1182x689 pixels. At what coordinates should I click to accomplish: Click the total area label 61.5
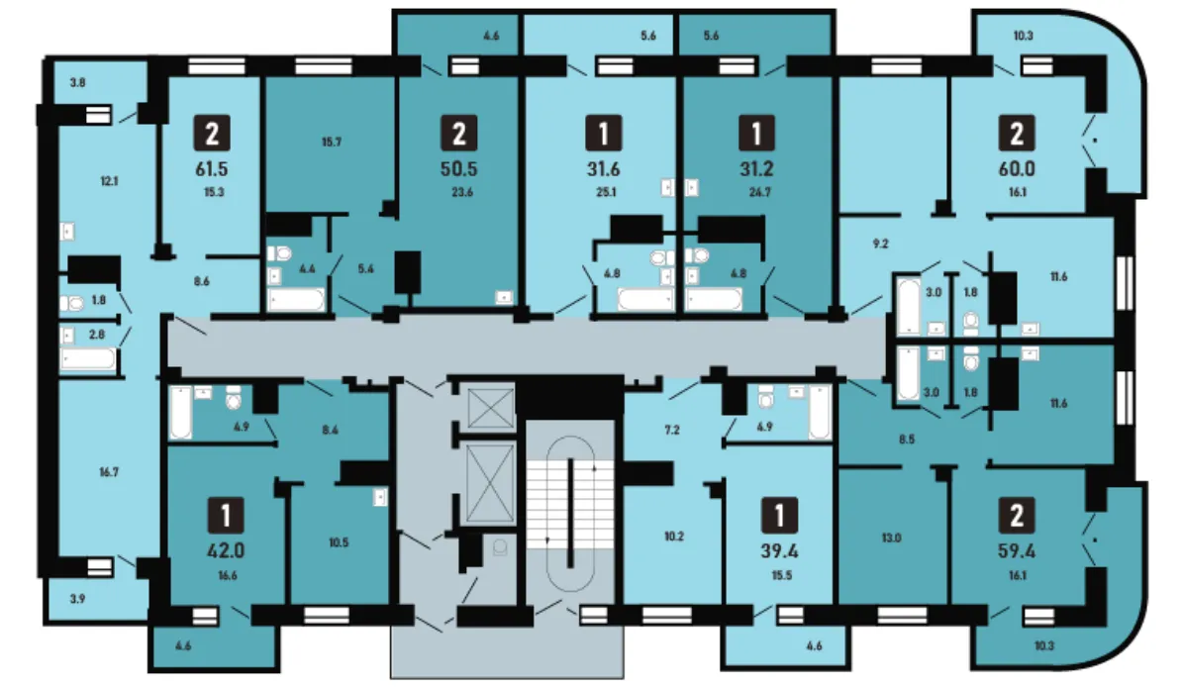pyautogui.click(x=212, y=169)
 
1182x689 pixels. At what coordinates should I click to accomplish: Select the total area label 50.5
pyautogui.click(x=459, y=169)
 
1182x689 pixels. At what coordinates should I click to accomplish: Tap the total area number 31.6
pyautogui.click(x=604, y=169)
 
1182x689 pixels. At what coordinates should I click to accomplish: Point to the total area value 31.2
pyautogui.click(x=756, y=169)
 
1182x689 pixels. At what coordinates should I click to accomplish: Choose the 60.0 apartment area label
pyautogui.click(x=1016, y=169)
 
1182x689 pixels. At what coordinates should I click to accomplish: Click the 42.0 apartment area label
pyautogui.click(x=226, y=551)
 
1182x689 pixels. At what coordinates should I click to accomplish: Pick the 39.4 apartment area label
pyautogui.click(x=779, y=551)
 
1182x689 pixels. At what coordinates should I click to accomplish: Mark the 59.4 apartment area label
pyautogui.click(x=1016, y=551)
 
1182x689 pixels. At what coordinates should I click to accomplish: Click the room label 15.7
pyautogui.click(x=332, y=142)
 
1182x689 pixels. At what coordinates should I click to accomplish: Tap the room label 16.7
pyautogui.click(x=109, y=472)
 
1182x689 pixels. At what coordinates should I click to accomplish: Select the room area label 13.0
pyautogui.click(x=891, y=539)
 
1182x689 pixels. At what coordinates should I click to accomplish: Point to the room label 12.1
pyautogui.click(x=109, y=181)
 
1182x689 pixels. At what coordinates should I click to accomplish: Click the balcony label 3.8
pyautogui.click(x=77, y=83)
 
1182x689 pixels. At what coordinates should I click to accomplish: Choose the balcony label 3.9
pyautogui.click(x=77, y=599)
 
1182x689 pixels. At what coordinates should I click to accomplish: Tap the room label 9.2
pyautogui.click(x=880, y=244)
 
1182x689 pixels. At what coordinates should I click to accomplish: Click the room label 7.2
pyautogui.click(x=671, y=430)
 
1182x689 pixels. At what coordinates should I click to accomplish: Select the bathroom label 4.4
pyautogui.click(x=307, y=268)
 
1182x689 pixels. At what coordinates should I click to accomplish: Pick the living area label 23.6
pyautogui.click(x=462, y=192)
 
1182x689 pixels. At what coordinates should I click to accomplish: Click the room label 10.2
pyautogui.click(x=674, y=537)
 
